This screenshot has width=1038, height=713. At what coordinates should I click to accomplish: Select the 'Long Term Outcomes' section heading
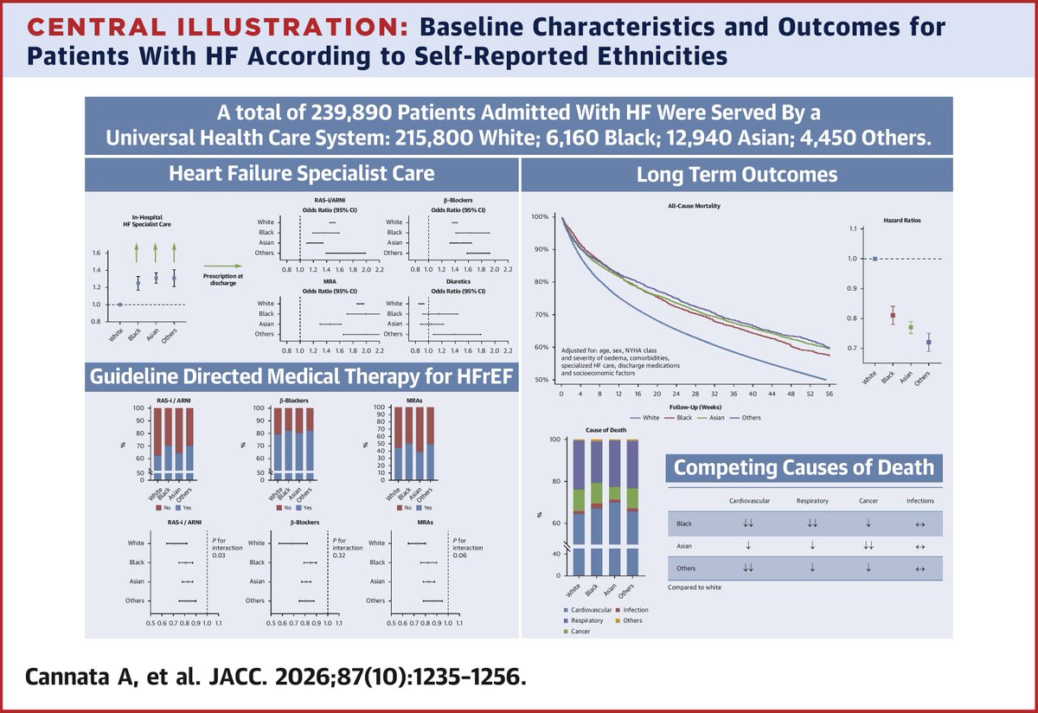[737, 175]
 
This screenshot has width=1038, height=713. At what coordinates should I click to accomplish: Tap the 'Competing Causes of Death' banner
[804, 468]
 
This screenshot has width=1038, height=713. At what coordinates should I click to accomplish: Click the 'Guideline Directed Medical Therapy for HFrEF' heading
[301, 376]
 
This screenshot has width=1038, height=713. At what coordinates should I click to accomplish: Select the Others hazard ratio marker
[929, 343]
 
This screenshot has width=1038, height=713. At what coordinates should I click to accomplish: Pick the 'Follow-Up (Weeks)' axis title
[695, 405]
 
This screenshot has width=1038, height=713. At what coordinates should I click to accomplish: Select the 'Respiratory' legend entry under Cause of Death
[587, 620]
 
